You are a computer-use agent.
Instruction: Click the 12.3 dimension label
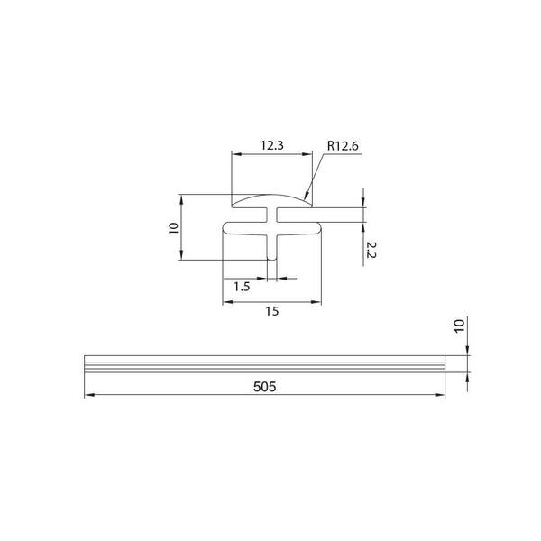point(272,145)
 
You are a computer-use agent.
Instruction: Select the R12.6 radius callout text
point(343,145)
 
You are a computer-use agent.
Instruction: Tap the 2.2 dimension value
point(371,250)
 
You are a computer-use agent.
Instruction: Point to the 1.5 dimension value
point(242,287)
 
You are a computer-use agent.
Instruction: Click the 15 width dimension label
point(272,311)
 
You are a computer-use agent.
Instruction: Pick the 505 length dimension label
point(264,387)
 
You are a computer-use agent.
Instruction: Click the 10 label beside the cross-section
point(173,228)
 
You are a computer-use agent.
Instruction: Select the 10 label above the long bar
point(459,326)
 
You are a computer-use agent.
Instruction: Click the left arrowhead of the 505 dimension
point(89,395)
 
